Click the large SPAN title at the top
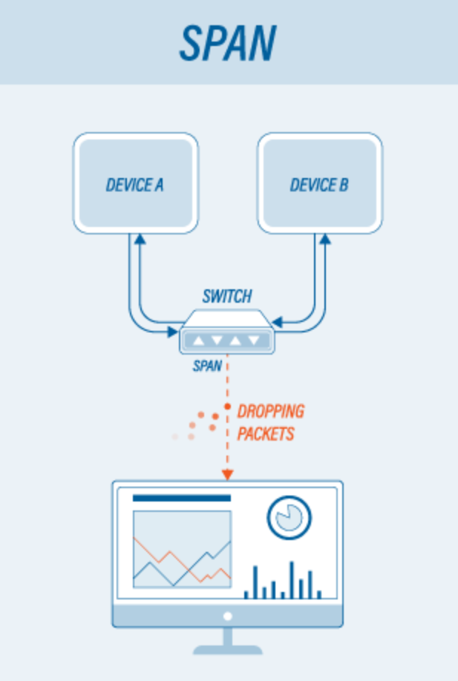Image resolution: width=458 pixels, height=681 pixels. tap(228, 42)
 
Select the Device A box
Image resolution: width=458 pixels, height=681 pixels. tap(136, 182)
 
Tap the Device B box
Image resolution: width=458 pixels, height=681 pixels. tap(320, 182)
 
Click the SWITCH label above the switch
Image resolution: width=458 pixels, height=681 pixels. tap(227, 296)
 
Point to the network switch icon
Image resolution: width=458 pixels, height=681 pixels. tap(227, 332)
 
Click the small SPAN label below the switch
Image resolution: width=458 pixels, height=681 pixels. tap(207, 366)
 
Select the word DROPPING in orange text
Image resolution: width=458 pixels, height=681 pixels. tap(271, 411)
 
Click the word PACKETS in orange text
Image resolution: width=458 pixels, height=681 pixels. tap(266, 434)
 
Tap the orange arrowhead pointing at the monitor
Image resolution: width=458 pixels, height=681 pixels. tap(227, 475)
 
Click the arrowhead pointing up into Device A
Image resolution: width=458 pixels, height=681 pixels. tap(140, 239)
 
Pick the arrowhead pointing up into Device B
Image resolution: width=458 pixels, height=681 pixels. tap(325, 239)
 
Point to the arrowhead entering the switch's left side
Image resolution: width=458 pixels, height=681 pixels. tap(173, 332)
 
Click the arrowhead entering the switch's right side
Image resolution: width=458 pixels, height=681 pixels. tap(277, 322)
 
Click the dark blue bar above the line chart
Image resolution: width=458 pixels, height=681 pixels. tap(182, 499)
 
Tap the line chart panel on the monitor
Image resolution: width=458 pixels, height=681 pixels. tap(182, 550)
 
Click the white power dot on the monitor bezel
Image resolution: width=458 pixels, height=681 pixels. tap(227, 616)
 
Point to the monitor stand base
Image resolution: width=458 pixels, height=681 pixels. tap(227, 650)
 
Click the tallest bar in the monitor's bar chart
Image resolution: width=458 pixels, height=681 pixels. tap(292, 580)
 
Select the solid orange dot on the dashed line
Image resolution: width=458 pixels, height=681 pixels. tap(227, 407)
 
